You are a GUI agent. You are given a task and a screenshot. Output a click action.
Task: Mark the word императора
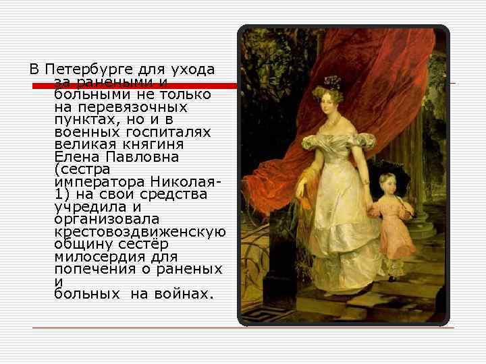(102, 183)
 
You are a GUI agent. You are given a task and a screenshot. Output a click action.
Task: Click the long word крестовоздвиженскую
(139, 232)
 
